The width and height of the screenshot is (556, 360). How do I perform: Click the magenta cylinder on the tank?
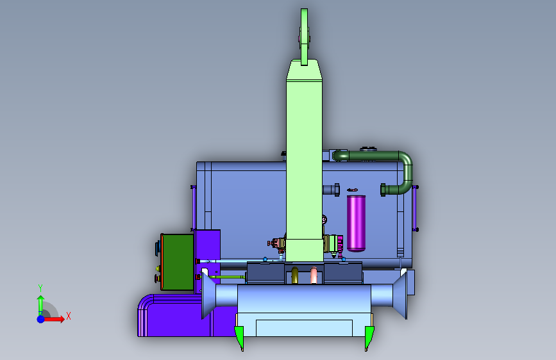(356, 223)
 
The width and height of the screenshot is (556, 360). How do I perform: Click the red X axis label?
(69, 316)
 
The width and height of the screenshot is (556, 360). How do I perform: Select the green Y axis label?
(40, 288)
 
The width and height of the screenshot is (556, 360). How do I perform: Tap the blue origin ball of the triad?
(41, 319)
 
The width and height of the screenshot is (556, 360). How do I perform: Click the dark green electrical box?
(178, 262)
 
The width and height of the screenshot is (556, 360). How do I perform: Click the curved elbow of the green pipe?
(407, 159)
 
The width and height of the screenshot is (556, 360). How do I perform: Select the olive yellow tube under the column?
(294, 275)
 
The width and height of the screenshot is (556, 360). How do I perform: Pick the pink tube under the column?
(314, 275)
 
